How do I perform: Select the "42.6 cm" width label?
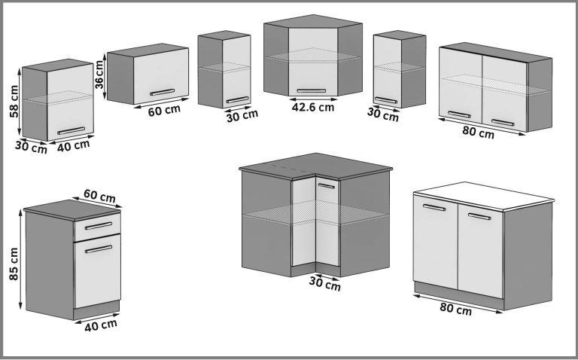point(312,107)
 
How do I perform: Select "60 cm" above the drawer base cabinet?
point(99,197)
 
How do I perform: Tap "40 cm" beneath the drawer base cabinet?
point(100,324)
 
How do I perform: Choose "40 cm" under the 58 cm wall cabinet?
point(72,145)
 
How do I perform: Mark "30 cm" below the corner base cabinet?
point(324,285)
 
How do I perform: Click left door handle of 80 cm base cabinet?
point(433,208)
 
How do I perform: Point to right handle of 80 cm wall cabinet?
point(503,120)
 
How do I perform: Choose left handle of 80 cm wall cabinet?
point(459,115)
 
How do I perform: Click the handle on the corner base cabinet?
point(327,186)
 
